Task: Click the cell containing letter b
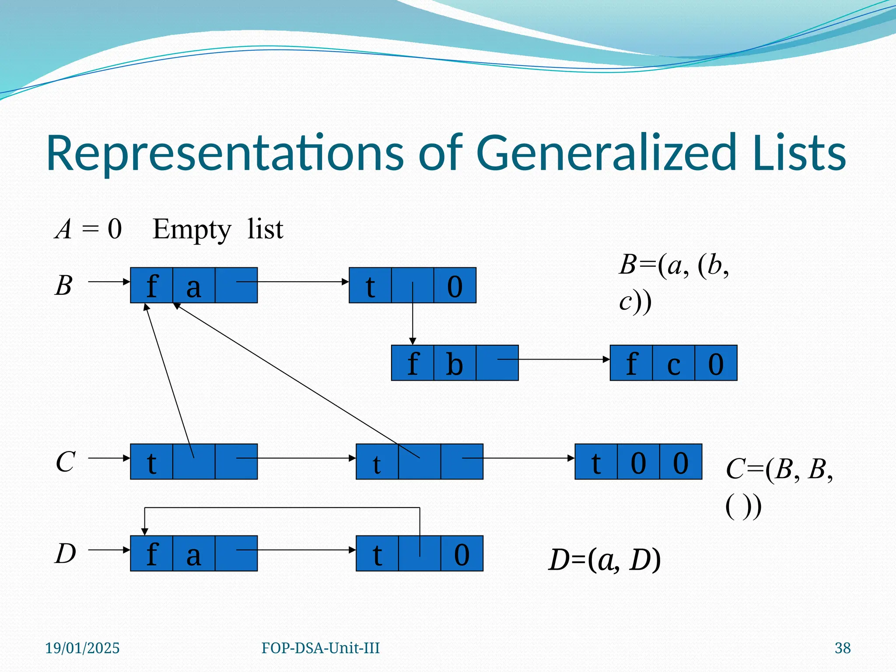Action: tap(455, 363)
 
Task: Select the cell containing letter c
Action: tap(673, 363)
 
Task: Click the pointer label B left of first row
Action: tap(63, 286)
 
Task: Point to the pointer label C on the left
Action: tap(65, 462)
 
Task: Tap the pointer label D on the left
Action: tap(65, 553)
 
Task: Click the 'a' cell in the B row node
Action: tap(194, 286)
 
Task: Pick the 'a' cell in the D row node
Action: tap(194, 553)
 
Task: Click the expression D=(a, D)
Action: tap(604, 560)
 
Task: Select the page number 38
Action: tap(842, 648)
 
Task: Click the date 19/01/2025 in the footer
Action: tap(82, 648)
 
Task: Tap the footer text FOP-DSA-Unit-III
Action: tap(320, 648)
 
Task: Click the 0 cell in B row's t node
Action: tap(455, 286)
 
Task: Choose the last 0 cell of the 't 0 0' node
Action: tap(680, 462)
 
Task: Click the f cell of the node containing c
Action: tap(631, 363)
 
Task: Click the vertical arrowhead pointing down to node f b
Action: tap(412, 341)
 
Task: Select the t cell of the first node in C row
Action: tap(151, 462)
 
